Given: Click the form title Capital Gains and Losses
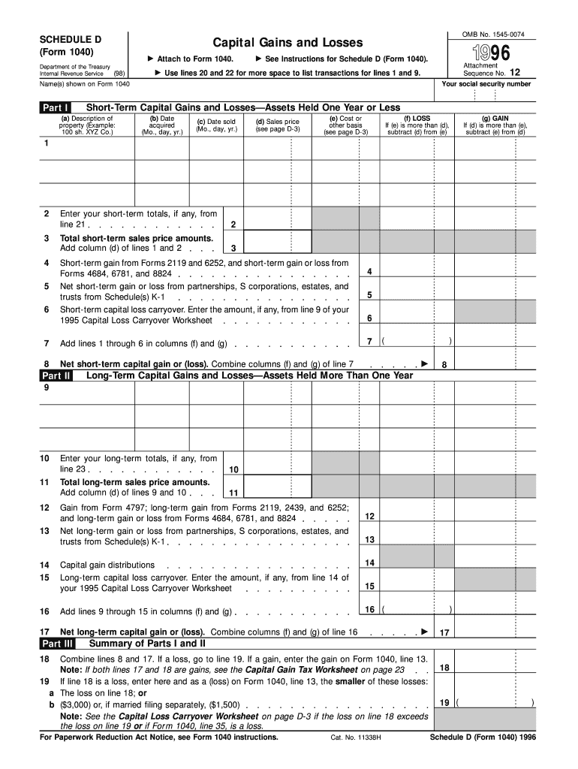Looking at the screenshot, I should coord(287,43).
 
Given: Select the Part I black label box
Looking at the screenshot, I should coord(56,108).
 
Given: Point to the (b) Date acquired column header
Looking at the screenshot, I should coord(162,125).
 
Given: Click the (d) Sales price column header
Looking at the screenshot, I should coord(277,125).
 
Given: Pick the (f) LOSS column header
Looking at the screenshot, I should coord(417,125).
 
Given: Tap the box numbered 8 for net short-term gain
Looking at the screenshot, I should coord(444,365).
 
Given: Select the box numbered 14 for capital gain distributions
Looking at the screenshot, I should coord(369,563).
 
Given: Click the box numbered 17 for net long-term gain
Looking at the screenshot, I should coord(444,633).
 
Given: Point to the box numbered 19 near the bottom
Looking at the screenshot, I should coord(444,703).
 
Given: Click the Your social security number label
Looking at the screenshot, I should coord(497,84).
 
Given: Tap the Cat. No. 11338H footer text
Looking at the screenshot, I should coord(357,737).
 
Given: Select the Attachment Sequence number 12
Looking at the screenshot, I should coord(514,73).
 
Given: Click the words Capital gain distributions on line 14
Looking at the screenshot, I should coord(107,565).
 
